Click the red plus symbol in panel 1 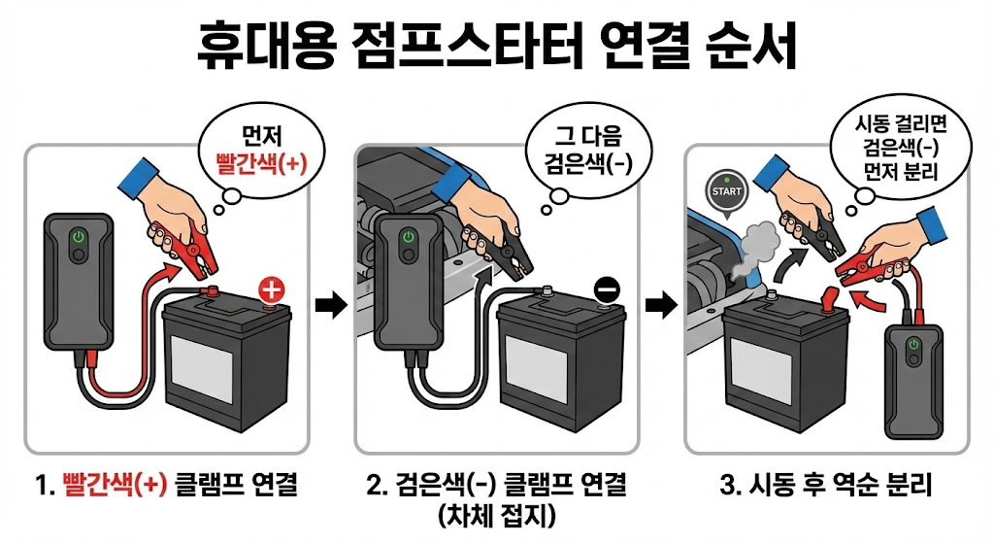pos(273,288)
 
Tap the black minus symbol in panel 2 pos(606,288)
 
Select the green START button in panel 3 pos(726,191)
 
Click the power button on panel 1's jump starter pos(76,237)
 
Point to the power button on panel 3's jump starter pos(912,345)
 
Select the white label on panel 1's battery pos(205,375)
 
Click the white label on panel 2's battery pos(540,375)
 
